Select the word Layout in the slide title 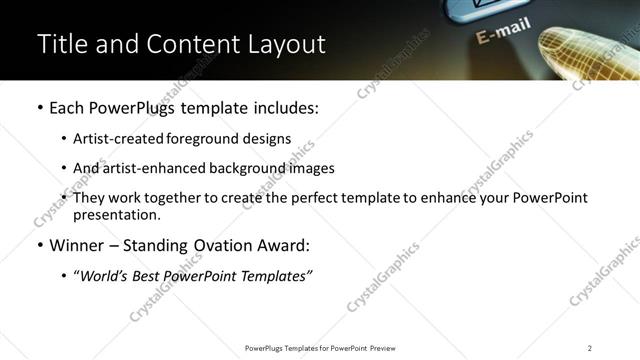pyautogui.click(x=285, y=45)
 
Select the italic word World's pyautogui.click(x=102, y=277)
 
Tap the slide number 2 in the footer pyautogui.click(x=590, y=347)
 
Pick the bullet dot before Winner pyautogui.click(x=38, y=246)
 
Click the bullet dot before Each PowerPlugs pyautogui.click(x=38, y=108)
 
